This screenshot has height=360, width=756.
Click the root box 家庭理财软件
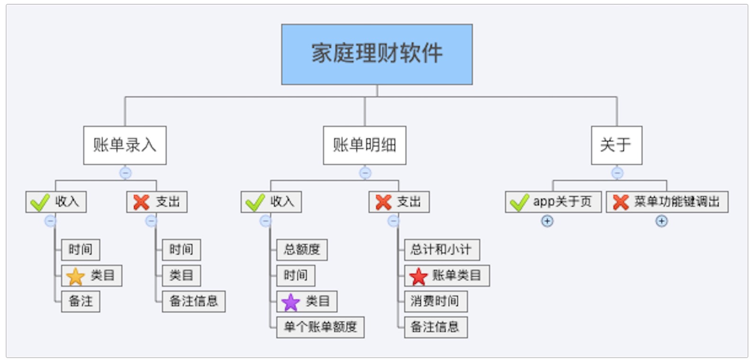[377, 54]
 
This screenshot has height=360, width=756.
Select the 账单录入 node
[125, 145]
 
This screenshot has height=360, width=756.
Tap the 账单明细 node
[364, 145]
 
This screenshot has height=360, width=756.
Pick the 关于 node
[616, 145]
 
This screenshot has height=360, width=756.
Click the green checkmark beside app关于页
[519, 202]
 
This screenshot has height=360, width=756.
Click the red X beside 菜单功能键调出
[621, 202]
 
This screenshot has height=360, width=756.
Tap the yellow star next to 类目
[75, 276]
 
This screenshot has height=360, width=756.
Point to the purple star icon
[290, 302]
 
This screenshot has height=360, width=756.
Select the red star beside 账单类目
[418, 276]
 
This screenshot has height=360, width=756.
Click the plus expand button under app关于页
[547, 221]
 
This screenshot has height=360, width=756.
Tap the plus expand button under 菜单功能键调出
[661, 221]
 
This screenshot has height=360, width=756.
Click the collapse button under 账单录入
[125, 173]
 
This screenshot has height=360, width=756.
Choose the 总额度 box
[302, 250]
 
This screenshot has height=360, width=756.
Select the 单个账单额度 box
[320, 327]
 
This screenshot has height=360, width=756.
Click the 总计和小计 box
[441, 250]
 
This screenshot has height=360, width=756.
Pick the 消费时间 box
[435, 301]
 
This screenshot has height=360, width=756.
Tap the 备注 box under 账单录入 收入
[81, 301]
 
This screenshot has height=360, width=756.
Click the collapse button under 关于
[617, 173]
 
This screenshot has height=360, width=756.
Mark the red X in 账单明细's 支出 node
[383, 202]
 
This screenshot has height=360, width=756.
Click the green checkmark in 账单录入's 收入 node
[40, 202]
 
